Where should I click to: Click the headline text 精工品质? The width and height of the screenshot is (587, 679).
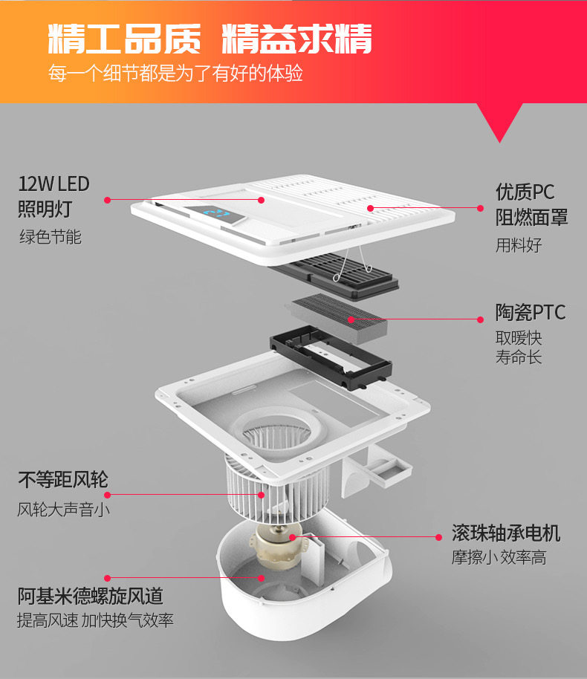pos(124,39)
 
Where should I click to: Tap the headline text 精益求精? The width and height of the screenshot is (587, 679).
pos(297,39)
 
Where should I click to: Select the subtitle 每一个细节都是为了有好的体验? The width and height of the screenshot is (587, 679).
pos(175,74)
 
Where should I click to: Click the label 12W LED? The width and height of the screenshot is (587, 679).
pos(53,183)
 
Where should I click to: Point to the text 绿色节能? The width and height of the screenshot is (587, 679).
pos(50,237)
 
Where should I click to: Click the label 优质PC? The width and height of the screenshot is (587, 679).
pos(525,192)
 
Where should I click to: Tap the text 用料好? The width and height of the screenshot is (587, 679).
pos(519,245)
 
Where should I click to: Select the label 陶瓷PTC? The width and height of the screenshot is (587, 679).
pos(530,311)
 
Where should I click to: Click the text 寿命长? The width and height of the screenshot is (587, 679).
pos(519,357)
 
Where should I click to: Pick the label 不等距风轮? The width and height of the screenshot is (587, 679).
pos(63,480)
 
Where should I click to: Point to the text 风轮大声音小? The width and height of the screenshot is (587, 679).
pos(65,510)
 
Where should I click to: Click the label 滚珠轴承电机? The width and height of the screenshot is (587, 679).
pos(505,533)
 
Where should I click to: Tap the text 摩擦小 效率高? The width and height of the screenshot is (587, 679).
pos(499,558)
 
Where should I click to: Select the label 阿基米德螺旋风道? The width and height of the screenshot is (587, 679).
pos(90,596)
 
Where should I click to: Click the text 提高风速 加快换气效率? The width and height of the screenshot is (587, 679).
pos(95,620)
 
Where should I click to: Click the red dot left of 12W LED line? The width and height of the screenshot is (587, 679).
pos(108,199)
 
